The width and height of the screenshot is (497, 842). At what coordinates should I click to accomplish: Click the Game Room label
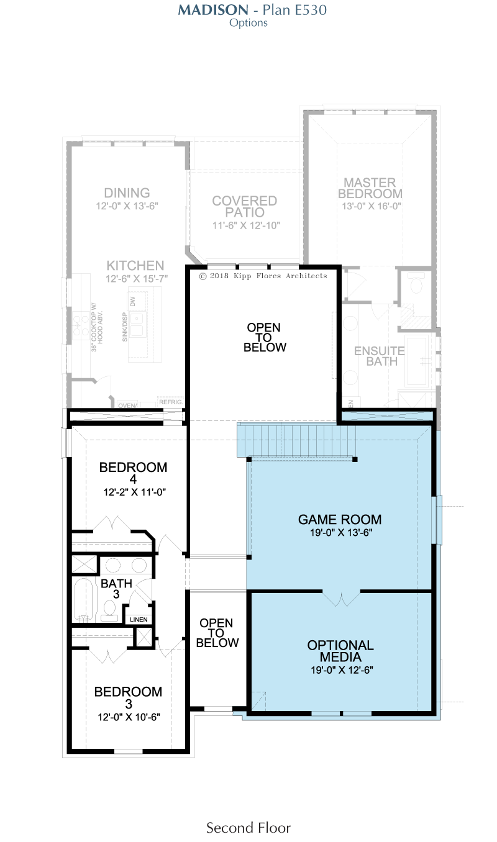(x=339, y=519)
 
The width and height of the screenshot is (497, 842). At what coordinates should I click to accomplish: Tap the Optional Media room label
(x=340, y=651)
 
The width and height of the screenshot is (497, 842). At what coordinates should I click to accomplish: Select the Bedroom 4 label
(x=133, y=473)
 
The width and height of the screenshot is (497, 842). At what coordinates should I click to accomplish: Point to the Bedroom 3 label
(x=128, y=697)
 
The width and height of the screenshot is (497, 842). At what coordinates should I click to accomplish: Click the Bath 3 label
(x=117, y=589)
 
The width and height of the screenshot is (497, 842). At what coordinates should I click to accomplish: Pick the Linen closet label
(x=139, y=620)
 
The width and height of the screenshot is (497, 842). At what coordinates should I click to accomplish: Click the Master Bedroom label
(x=370, y=188)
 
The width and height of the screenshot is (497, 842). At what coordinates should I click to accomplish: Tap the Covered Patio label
(x=245, y=206)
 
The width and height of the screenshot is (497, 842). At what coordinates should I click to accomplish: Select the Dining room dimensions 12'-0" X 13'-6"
(x=127, y=206)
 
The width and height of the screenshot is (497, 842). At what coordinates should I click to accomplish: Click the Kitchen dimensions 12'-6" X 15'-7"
(x=137, y=279)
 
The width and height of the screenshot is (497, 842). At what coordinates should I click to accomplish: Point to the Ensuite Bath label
(x=380, y=356)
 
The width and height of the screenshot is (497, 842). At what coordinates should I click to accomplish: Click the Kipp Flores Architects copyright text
(x=263, y=276)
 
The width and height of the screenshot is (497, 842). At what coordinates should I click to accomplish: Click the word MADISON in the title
(x=213, y=10)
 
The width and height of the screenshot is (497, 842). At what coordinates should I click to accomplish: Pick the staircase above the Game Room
(x=296, y=440)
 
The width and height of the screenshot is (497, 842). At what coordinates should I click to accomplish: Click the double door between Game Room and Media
(x=341, y=599)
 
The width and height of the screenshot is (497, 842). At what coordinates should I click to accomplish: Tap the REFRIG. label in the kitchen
(x=171, y=402)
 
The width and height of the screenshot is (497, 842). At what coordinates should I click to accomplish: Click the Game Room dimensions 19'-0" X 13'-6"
(x=341, y=532)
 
